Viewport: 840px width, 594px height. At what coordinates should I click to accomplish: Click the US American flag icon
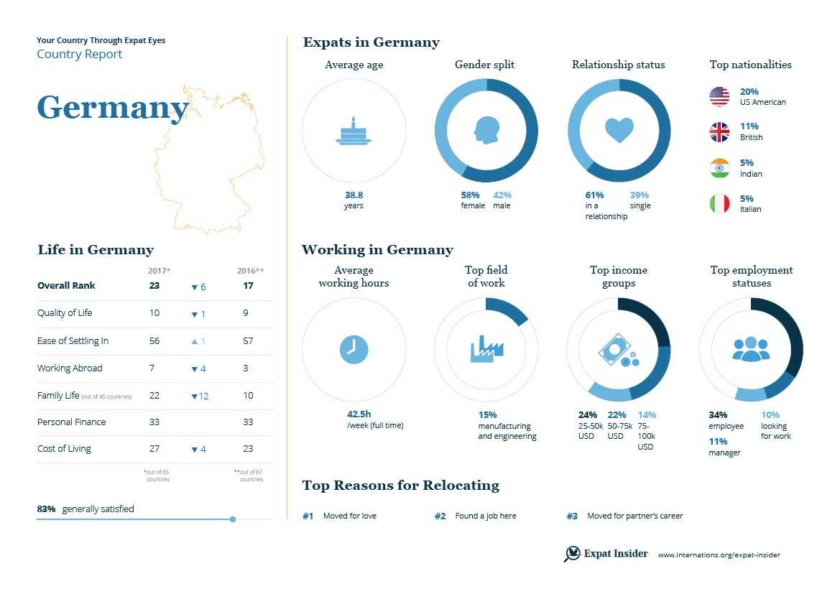[x=719, y=96]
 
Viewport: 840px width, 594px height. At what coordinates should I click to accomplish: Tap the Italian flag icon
[x=719, y=204]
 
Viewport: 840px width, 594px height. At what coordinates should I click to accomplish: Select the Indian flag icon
[x=719, y=168]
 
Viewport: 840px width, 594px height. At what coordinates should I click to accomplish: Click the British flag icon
[x=719, y=132]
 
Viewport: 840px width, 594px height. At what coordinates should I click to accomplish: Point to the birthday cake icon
[x=354, y=131]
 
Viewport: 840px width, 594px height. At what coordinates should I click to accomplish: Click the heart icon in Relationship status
[x=619, y=130]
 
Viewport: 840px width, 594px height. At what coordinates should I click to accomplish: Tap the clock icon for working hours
[x=354, y=349]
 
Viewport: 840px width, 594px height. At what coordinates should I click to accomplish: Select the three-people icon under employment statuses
[x=751, y=349]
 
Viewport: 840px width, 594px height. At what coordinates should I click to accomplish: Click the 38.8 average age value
[x=354, y=195]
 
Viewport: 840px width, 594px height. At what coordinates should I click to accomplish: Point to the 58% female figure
[x=471, y=195]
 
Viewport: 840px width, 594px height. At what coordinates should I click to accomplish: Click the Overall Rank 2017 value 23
[x=154, y=286]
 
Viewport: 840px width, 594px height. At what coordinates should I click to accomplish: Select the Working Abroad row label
[x=70, y=368]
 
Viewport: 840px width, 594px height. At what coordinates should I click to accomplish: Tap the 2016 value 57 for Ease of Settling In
[x=248, y=341]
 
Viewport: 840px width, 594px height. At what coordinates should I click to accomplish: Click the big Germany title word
[x=112, y=108]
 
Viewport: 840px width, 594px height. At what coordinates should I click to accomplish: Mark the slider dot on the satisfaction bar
[x=233, y=519]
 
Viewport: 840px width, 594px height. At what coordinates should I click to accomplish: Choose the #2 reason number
[x=440, y=516]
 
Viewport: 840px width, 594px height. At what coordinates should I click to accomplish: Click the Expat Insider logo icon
[x=572, y=554]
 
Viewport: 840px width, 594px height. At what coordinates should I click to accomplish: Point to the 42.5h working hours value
[x=359, y=414]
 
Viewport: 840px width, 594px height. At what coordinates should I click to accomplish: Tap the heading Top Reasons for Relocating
[x=400, y=486]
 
